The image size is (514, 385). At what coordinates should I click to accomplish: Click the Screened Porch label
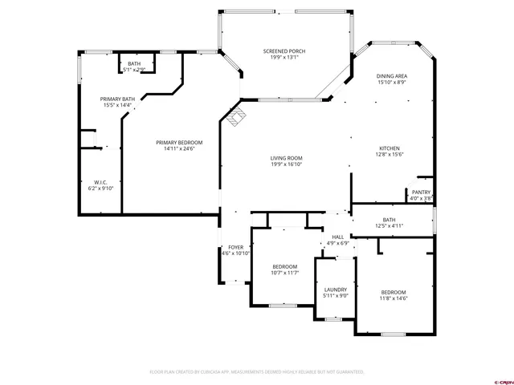click(x=284, y=51)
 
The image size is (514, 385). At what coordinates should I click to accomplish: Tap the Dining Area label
click(x=391, y=76)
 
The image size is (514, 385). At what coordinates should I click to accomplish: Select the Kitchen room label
click(x=390, y=149)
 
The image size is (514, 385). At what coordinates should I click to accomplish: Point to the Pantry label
click(x=421, y=192)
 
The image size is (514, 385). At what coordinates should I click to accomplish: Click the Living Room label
click(x=285, y=158)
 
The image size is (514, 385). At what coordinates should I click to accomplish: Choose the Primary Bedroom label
click(x=179, y=143)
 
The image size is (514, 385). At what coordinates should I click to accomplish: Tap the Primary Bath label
click(x=116, y=99)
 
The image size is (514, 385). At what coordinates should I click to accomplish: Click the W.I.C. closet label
click(x=101, y=182)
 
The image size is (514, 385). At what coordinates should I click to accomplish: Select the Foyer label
click(x=235, y=247)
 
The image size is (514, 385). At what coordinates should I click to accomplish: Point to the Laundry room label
click(x=335, y=290)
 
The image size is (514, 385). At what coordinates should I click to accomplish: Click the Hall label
click(x=338, y=237)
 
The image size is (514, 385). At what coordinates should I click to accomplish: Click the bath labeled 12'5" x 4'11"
click(x=389, y=220)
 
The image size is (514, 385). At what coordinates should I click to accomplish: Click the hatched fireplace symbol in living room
click(x=235, y=117)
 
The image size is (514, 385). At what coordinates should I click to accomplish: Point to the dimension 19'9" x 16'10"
click(x=285, y=164)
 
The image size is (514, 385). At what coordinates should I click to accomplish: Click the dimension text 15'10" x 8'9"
click(x=391, y=82)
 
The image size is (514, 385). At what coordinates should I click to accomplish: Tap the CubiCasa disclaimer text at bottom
click(x=257, y=372)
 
